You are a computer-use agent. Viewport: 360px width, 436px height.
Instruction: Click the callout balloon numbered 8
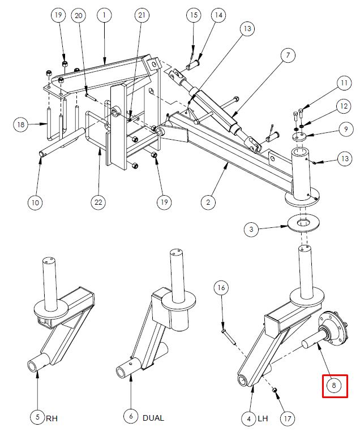[x=334, y=386]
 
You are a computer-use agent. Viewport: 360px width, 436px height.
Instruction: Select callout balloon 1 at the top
[x=104, y=15]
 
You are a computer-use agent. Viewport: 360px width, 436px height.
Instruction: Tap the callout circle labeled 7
[x=288, y=55]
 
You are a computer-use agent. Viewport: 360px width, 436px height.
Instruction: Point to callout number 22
[x=98, y=202]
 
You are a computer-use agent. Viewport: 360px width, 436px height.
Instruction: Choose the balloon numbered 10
[x=35, y=202]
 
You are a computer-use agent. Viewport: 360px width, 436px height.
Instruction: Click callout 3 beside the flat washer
[x=251, y=230]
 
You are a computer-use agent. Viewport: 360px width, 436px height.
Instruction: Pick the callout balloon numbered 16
[x=221, y=287]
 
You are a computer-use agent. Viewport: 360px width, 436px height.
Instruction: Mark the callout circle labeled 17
[x=287, y=418]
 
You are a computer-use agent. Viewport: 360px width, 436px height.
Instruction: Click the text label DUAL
[x=153, y=418]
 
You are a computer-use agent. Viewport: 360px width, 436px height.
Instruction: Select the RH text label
[x=52, y=418]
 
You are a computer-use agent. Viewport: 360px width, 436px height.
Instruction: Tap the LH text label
[x=263, y=418]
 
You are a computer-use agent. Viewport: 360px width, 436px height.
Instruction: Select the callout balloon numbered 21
[x=142, y=15]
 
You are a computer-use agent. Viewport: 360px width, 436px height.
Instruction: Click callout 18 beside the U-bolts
[x=21, y=124]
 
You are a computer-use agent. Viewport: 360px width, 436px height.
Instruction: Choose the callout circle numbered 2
[x=208, y=202]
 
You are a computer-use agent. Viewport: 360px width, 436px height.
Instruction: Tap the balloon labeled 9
[x=345, y=129]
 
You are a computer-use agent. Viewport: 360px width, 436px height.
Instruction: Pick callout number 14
[x=218, y=15]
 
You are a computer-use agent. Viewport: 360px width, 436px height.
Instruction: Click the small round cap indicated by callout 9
[x=299, y=136]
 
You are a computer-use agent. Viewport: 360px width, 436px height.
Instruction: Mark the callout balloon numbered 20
[x=79, y=16]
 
